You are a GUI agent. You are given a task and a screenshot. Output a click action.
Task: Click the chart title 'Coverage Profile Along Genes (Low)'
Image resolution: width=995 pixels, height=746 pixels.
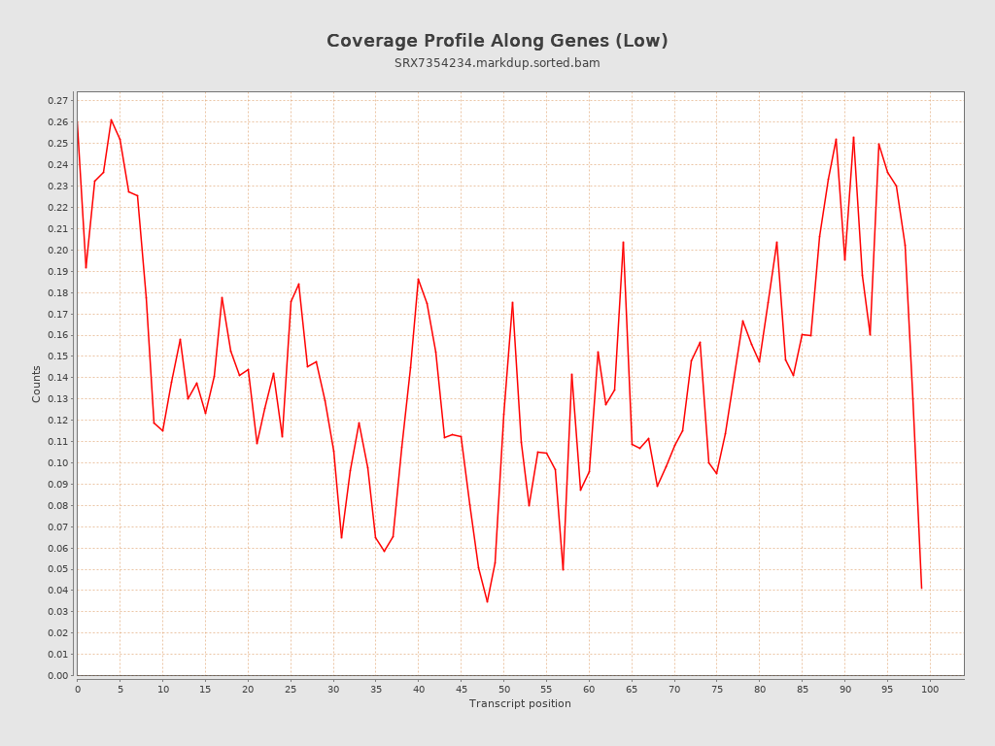coord(497,41)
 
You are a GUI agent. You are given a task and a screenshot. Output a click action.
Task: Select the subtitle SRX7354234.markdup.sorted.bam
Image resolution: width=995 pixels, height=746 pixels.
coord(497,63)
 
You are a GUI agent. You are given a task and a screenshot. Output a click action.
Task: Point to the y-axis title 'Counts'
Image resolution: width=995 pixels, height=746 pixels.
coord(37,384)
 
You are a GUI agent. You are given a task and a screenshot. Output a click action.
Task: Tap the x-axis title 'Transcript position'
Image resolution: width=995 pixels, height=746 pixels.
coord(520,703)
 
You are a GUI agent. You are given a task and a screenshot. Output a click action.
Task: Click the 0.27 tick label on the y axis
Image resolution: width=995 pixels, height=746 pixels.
coord(58,101)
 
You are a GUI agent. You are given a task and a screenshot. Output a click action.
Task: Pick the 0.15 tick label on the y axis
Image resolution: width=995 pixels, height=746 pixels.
coord(58,356)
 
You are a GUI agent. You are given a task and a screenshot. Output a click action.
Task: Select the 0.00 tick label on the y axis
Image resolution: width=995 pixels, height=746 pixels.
coord(58,676)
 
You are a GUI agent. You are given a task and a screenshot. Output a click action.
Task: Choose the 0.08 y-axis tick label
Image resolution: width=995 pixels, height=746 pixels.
coord(58,506)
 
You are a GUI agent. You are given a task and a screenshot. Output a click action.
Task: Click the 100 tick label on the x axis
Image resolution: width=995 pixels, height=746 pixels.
coord(930,689)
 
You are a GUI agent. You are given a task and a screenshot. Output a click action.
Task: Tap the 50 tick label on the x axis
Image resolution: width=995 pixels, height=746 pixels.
coord(503,689)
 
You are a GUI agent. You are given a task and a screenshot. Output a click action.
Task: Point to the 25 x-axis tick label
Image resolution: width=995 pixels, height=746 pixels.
coord(291,689)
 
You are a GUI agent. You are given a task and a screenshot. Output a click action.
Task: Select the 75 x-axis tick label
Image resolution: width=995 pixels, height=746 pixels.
coord(716,689)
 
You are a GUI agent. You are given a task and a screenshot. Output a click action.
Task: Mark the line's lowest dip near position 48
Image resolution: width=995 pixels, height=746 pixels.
coord(487,602)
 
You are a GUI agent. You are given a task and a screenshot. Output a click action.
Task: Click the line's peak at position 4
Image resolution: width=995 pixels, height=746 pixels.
coord(112,119)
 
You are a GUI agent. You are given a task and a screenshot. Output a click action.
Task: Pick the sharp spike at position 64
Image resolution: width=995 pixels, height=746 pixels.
coord(623,242)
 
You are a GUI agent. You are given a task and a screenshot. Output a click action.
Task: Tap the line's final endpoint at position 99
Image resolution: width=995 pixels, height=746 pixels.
coord(921,589)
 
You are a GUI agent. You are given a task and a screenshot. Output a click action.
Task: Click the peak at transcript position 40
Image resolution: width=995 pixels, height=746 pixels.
coord(419,279)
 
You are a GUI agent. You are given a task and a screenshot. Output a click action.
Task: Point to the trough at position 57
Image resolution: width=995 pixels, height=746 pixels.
coord(563,569)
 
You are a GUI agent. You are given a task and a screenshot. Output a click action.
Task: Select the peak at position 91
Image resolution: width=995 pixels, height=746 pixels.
coord(853,137)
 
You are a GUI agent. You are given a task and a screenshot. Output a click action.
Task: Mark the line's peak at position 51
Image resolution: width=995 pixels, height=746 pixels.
coord(512,302)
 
